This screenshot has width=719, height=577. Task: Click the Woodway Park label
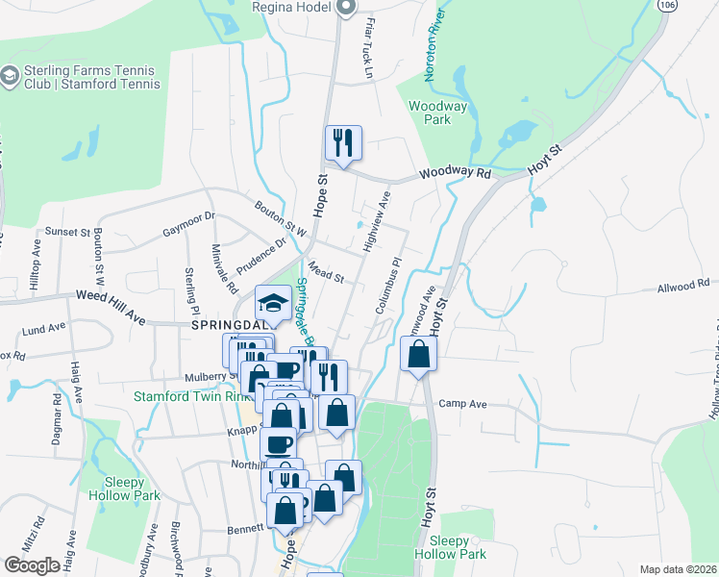pyautogui.click(x=430, y=113)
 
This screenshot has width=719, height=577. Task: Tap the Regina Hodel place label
pyautogui.click(x=290, y=7)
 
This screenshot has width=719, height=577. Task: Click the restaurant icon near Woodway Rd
pyautogui.click(x=343, y=143)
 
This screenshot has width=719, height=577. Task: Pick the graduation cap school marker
pyautogui.click(x=273, y=304)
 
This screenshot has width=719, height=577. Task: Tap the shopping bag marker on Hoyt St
pyautogui.click(x=419, y=357)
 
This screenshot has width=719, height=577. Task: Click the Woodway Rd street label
pyautogui.click(x=455, y=173)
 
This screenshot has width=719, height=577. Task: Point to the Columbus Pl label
pyautogui.click(x=388, y=286)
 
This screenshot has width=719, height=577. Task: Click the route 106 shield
pyautogui.click(x=664, y=5)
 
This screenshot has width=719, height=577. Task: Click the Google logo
pyautogui.click(x=32, y=565)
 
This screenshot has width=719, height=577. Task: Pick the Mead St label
pyautogui.click(x=327, y=274)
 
